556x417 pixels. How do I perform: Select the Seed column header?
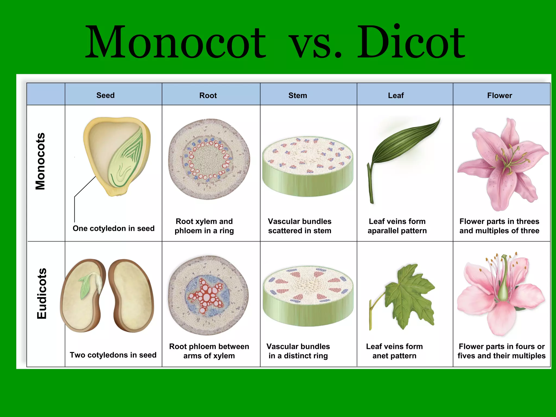tap(105, 95)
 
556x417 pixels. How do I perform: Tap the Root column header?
tap(208, 95)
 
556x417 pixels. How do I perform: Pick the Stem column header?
tap(298, 95)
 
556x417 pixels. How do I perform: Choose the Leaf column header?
tap(396, 95)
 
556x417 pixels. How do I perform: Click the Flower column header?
tap(500, 95)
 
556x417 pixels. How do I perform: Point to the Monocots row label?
tap(40, 161)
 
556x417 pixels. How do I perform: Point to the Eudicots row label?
tap(42, 293)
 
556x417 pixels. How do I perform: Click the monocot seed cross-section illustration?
tap(117, 155)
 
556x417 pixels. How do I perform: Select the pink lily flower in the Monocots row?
tap(502, 163)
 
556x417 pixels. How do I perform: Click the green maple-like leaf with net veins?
tap(410, 296)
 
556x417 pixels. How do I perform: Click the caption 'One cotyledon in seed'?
tap(113, 228)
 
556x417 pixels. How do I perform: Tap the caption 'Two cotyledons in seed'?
tap(113, 355)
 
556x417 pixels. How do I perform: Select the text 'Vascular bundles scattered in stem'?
tap(299, 226)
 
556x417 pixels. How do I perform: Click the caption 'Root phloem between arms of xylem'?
tap(209, 351)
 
